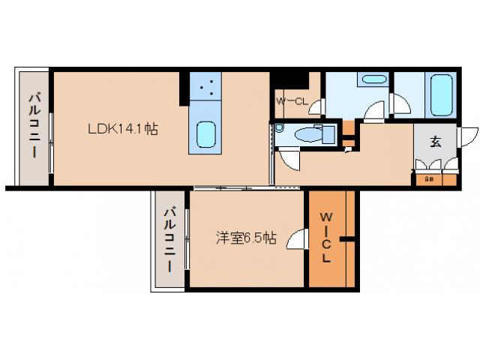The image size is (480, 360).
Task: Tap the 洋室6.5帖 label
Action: pyautogui.click(x=245, y=238)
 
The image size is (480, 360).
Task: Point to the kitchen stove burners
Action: pyautogui.click(x=209, y=88)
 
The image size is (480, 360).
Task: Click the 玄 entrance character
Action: pyautogui.click(x=436, y=140)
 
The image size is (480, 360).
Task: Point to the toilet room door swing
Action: pyautogui.click(x=289, y=158)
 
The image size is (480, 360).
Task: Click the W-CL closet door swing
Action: pyautogui.click(x=315, y=107)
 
